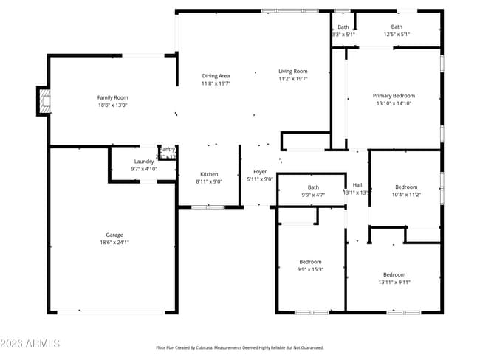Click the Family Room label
pyautogui.click(x=112, y=97)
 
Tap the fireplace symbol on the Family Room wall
pyautogui.click(x=44, y=101)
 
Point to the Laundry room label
pyautogui.click(x=143, y=161)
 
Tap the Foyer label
pyautogui.click(x=259, y=171)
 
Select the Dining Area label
pyautogui.click(x=216, y=75)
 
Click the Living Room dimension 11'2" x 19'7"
pyautogui.click(x=292, y=79)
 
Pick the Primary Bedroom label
pyautogui.click(x=394, y=95)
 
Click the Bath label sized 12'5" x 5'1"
pyautogui.click(x=397, y=27)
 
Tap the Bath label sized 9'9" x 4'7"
pyautogui.click(x=313, y=187)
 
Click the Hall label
pyautogui.click(x=357, y=184)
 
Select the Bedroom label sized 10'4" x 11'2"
pyautogui.click(x=405, y=187)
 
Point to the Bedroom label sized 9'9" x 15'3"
pyautogui.click(x=311, y=262)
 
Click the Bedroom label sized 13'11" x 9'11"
pyautogui.click(x=394, y=274)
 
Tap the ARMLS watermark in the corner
pyautogui.click(x=30, y=344)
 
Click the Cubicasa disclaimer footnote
pyautogui.click(x=239, y=347)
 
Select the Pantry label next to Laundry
pyautogui.click(x=168, y=150)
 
